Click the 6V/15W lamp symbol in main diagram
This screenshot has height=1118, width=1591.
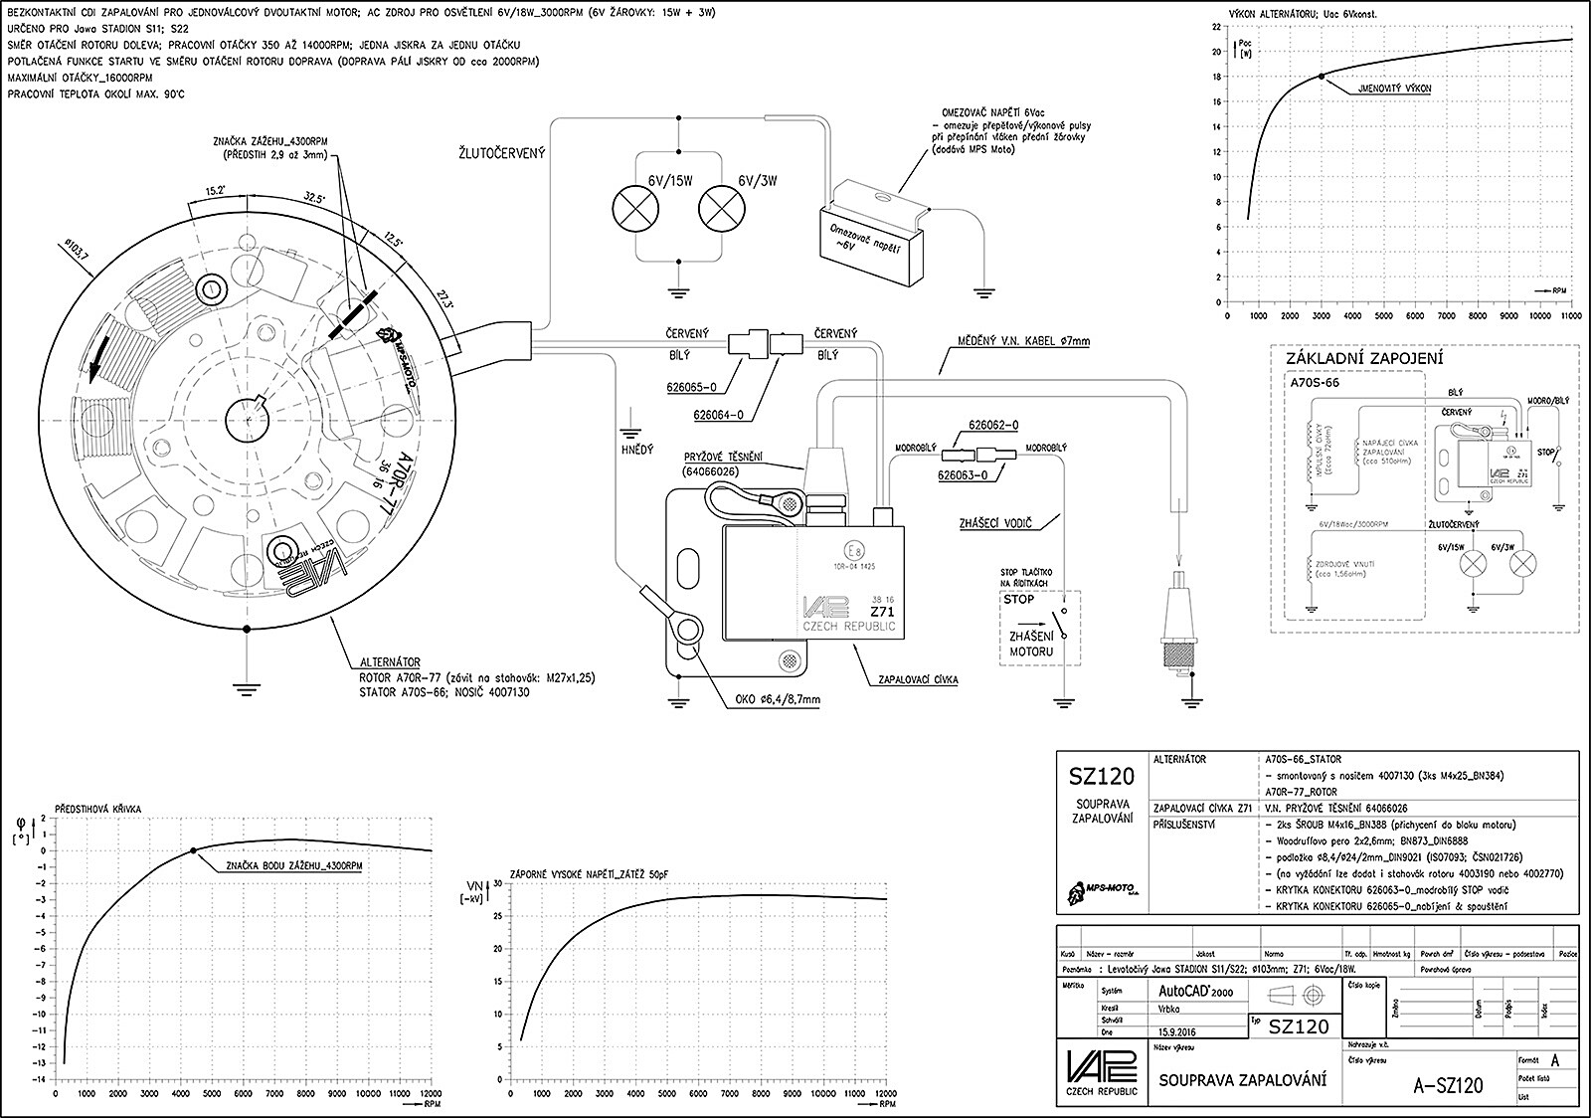tap(636, 209)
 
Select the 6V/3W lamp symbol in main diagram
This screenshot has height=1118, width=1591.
tap(720, 209)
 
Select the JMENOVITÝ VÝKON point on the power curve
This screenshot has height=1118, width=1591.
tap(1321, 76)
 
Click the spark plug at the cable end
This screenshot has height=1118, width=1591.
tap(1179, 637)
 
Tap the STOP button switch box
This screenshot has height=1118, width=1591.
tap(1040, 630)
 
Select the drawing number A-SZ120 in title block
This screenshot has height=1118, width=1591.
tap(1447, 1084)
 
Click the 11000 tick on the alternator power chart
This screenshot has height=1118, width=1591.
tap(1571, 315)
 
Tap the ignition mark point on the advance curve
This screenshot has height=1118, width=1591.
tap(193, 850)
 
